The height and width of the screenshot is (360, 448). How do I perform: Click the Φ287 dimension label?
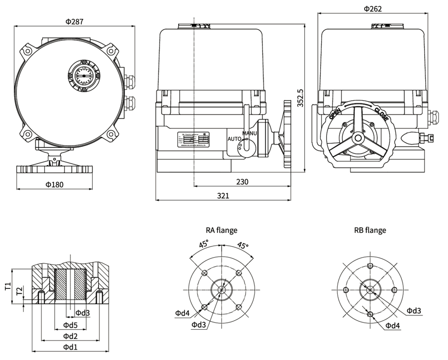pyautogui.click(x=74, y=21)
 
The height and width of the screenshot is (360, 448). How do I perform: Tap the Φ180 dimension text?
pyautogui.click(x=54, y=184)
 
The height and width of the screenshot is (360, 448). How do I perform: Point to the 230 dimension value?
pyautogui.click(x=242, y=181)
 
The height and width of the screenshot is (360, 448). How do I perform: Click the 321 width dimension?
pyautogui.click(x=223, y=196)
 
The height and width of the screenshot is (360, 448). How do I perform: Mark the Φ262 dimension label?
pyautogui.click(x=373, y=9)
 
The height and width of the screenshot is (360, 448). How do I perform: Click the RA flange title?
pyautogui.click(x=221, y=231)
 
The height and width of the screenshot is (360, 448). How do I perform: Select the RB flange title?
pyautogui.click(x=370, y=231)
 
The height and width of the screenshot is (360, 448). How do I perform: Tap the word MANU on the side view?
pyautogui.click(x=250, y=133)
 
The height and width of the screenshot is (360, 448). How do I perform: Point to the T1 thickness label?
pyautogui.click(x=8, y=287)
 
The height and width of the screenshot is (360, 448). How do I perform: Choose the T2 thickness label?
pyautogui.click(x=19, y=292)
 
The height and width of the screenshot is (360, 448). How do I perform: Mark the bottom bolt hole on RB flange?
pyautogui.click(x=370, y=314)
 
